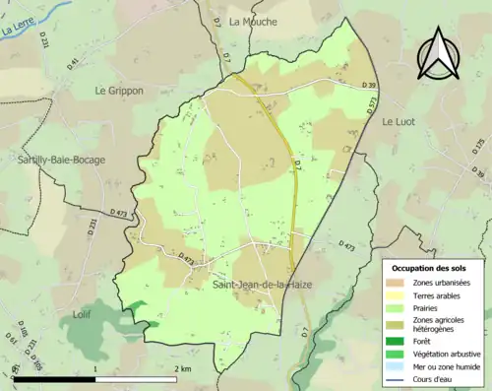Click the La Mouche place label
coord(253,21)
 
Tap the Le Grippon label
coord(119,91)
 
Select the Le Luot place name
coord(401,121)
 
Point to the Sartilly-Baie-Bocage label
coord(60,159)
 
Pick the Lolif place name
coord(87,314)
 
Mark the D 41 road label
coord(73,64)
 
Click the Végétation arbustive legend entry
coord(442,352)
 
